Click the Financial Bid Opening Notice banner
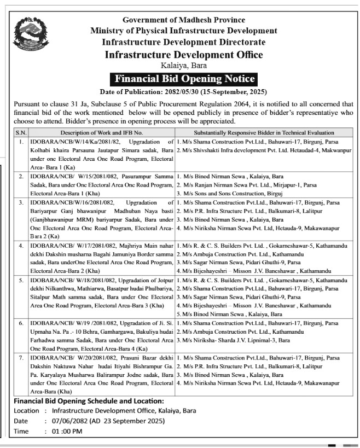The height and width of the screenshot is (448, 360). (x=184, y=79)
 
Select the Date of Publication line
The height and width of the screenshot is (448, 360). (x=184, y=91)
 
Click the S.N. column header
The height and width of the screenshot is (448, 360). (x=21, y=132)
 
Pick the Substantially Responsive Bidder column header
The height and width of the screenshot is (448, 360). (x=264, y=132)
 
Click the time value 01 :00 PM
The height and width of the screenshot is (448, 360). (x=66, y=431)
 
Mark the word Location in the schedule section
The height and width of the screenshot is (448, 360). (x=26, y=411)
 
